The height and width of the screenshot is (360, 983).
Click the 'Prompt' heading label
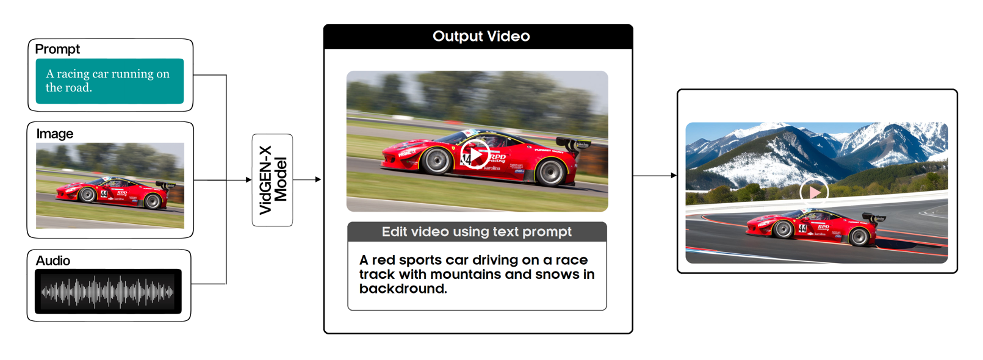(57, 49)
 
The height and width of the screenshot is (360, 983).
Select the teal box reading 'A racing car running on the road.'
(110, 81)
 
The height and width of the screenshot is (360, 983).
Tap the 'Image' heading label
(55, 134)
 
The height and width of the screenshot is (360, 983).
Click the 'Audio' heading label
(53, 261)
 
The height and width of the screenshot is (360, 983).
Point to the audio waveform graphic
(108, 292)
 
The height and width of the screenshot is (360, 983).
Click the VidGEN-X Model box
(273, 180)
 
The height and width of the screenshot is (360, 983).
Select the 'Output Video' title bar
(478, 37)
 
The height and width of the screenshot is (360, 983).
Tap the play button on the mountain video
(814, 192)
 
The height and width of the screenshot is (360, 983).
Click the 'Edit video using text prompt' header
(477, 232)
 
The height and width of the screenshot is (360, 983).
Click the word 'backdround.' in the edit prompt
(403, 289)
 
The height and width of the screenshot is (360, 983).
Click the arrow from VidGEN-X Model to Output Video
(307, 179)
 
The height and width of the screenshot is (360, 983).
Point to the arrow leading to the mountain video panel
(655, 176)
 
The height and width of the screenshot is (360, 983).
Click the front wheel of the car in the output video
(436, 161)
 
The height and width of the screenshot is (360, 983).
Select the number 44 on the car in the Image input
(104, 193)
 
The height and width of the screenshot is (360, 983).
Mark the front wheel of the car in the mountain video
(782, 229)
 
